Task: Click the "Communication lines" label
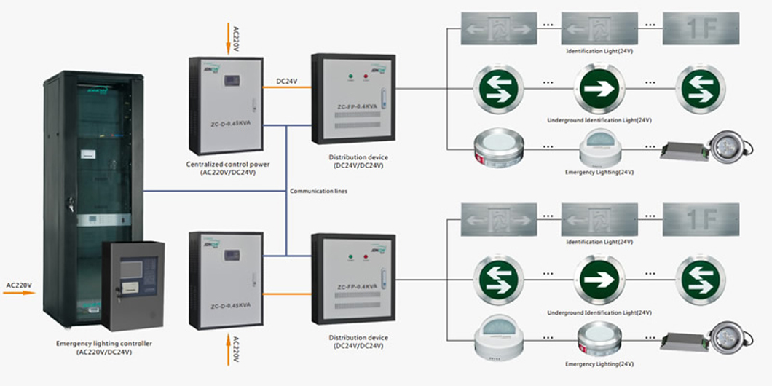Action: click(318, 191)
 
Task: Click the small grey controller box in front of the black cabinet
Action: click(133, 283)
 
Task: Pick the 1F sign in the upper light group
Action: click(700, 29)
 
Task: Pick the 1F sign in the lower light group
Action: click(700, 220)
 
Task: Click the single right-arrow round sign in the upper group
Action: click(599, 89)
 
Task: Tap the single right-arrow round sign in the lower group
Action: click(599, 280)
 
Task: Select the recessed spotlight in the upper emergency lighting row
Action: click(731, 148)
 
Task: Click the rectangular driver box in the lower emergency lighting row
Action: click(683, 339)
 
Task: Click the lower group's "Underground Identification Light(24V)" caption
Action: click(599, 311)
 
